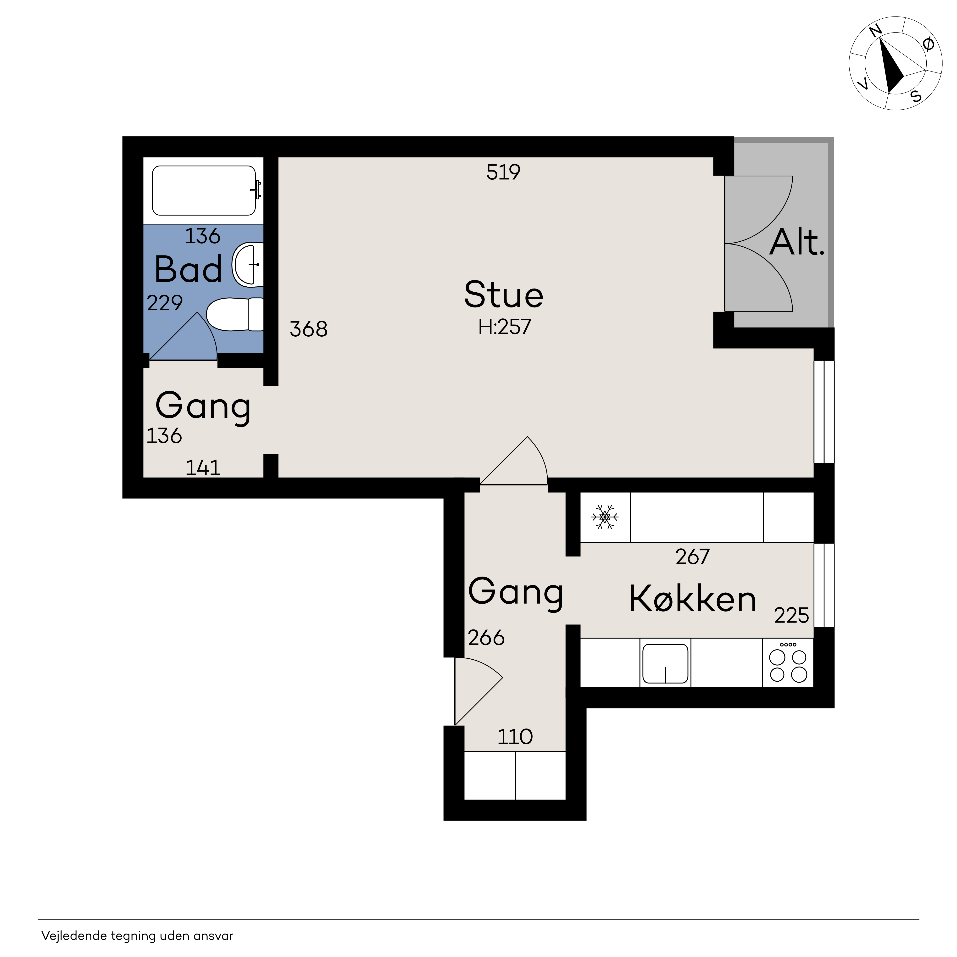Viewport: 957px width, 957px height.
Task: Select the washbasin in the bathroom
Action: [248, 265]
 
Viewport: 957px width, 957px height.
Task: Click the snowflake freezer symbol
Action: [605, 517]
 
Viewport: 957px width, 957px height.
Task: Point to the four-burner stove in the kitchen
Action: [788, 663]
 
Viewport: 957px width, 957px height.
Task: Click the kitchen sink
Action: [665, 663]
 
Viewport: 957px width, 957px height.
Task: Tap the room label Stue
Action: [504, 295]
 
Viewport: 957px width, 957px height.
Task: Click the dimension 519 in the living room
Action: [503, 172]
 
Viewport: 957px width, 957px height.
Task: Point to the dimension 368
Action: [309, 329]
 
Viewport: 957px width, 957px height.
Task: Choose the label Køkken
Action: [692, 599]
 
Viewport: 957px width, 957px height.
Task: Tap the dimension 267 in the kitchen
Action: [692, 557]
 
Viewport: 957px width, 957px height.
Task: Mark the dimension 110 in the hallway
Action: [515, 737]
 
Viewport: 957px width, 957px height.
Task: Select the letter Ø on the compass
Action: [929, 45]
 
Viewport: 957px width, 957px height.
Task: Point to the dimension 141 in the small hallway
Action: [203, 468]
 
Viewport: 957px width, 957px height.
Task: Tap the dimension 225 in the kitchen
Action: [791, 616]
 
